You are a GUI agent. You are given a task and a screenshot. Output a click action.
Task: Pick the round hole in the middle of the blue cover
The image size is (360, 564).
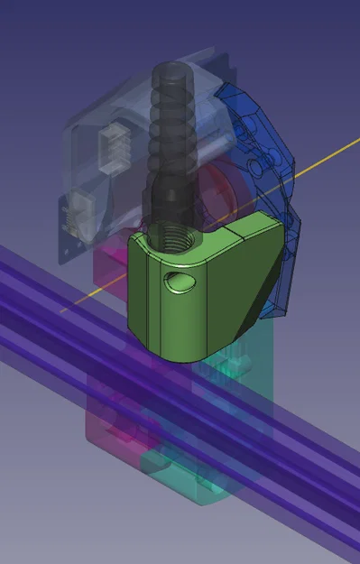point(263,166)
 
